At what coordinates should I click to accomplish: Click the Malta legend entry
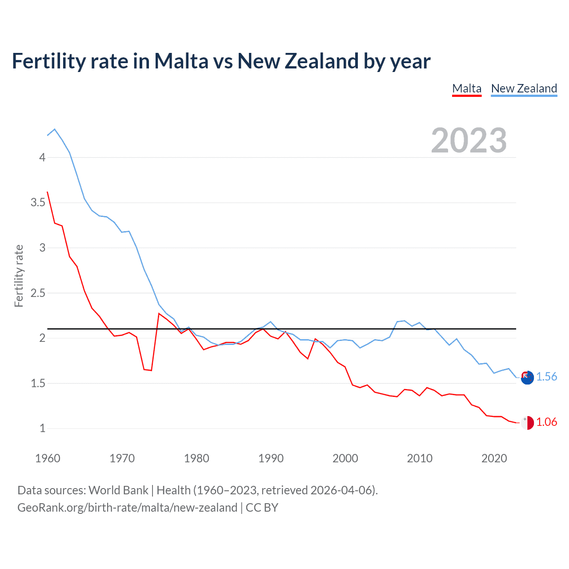click(466, 88)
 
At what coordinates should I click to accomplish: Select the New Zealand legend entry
click(524, 88)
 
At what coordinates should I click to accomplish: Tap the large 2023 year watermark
click(469, 140)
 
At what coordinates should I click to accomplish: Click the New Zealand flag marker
click(527, 377)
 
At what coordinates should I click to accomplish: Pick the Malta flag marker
click(527, 423)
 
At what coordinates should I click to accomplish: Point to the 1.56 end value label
click(546, 377)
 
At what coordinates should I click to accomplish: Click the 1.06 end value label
click(546, 422)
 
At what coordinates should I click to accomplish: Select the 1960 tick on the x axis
click(48, 458)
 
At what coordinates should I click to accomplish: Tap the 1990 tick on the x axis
click(271, 458)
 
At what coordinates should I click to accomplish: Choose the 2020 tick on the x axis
click(494, 458)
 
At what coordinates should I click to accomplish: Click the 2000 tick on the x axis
click(345, 458)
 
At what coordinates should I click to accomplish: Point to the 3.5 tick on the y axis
click(38, 203)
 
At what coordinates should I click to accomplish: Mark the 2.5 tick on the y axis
click(38, 293)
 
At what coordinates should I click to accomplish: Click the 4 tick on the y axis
click(42, 157)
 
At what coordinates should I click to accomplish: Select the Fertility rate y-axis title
click(19, 276)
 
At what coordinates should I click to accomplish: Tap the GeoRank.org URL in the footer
click(127, 508)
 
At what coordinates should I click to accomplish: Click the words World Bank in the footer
click(118, 490)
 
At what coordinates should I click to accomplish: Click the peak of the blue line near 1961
click(55, 129)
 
